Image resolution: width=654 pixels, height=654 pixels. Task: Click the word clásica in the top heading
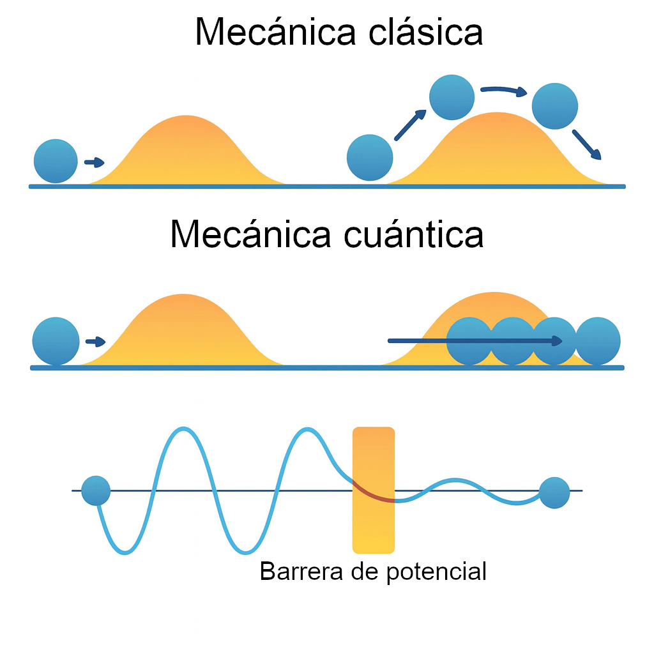tap(425, 32)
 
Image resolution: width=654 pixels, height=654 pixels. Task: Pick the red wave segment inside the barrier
tap(374, 492)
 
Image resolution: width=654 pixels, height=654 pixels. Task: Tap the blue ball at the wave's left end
tap(96, 491)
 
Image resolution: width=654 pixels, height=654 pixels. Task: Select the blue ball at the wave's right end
tap(554, 492)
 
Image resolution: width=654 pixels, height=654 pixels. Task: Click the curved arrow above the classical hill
tap(503, 91)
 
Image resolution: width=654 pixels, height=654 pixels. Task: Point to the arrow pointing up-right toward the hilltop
tap(410, 125)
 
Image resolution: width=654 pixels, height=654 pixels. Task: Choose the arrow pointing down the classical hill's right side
tap(587, 145)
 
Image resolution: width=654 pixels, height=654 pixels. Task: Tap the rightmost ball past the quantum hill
tap(598, 341)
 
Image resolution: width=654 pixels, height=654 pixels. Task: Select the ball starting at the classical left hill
tap(56, 161)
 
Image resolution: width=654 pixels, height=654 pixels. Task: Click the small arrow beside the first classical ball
tap(95, 162)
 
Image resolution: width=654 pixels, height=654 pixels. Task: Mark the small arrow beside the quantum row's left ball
tap(95, 342)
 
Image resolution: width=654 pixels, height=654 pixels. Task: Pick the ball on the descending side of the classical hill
tap(554, 105)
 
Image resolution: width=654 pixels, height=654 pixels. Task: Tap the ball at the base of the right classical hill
tap(370, 157)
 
